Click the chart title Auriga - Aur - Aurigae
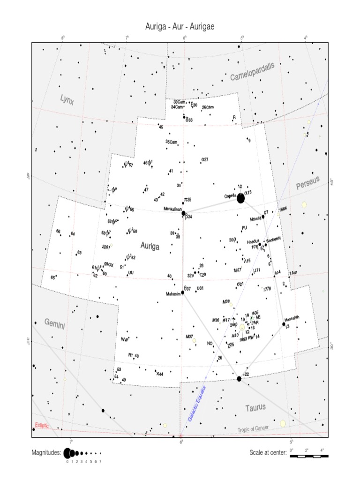pyautogui.click(x=180, y=27)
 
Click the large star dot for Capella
pyautogui.click(x=240, y=199)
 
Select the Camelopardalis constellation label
pyautogui.click(x=252, y=72)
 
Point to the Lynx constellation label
pyautogui.click(x=67, y=99)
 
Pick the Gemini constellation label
pyautogui.click(x=55, y=323)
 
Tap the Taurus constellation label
pyautogui.click(x=255, y=407)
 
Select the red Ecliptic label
pyautogui.click(x=41, y=426)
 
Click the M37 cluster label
pyautogui.click(x=189, y=336)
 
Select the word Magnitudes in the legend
pyautogui.click(x=46, y=453)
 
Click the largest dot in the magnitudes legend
pyautogui.click(x=67, y=453)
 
